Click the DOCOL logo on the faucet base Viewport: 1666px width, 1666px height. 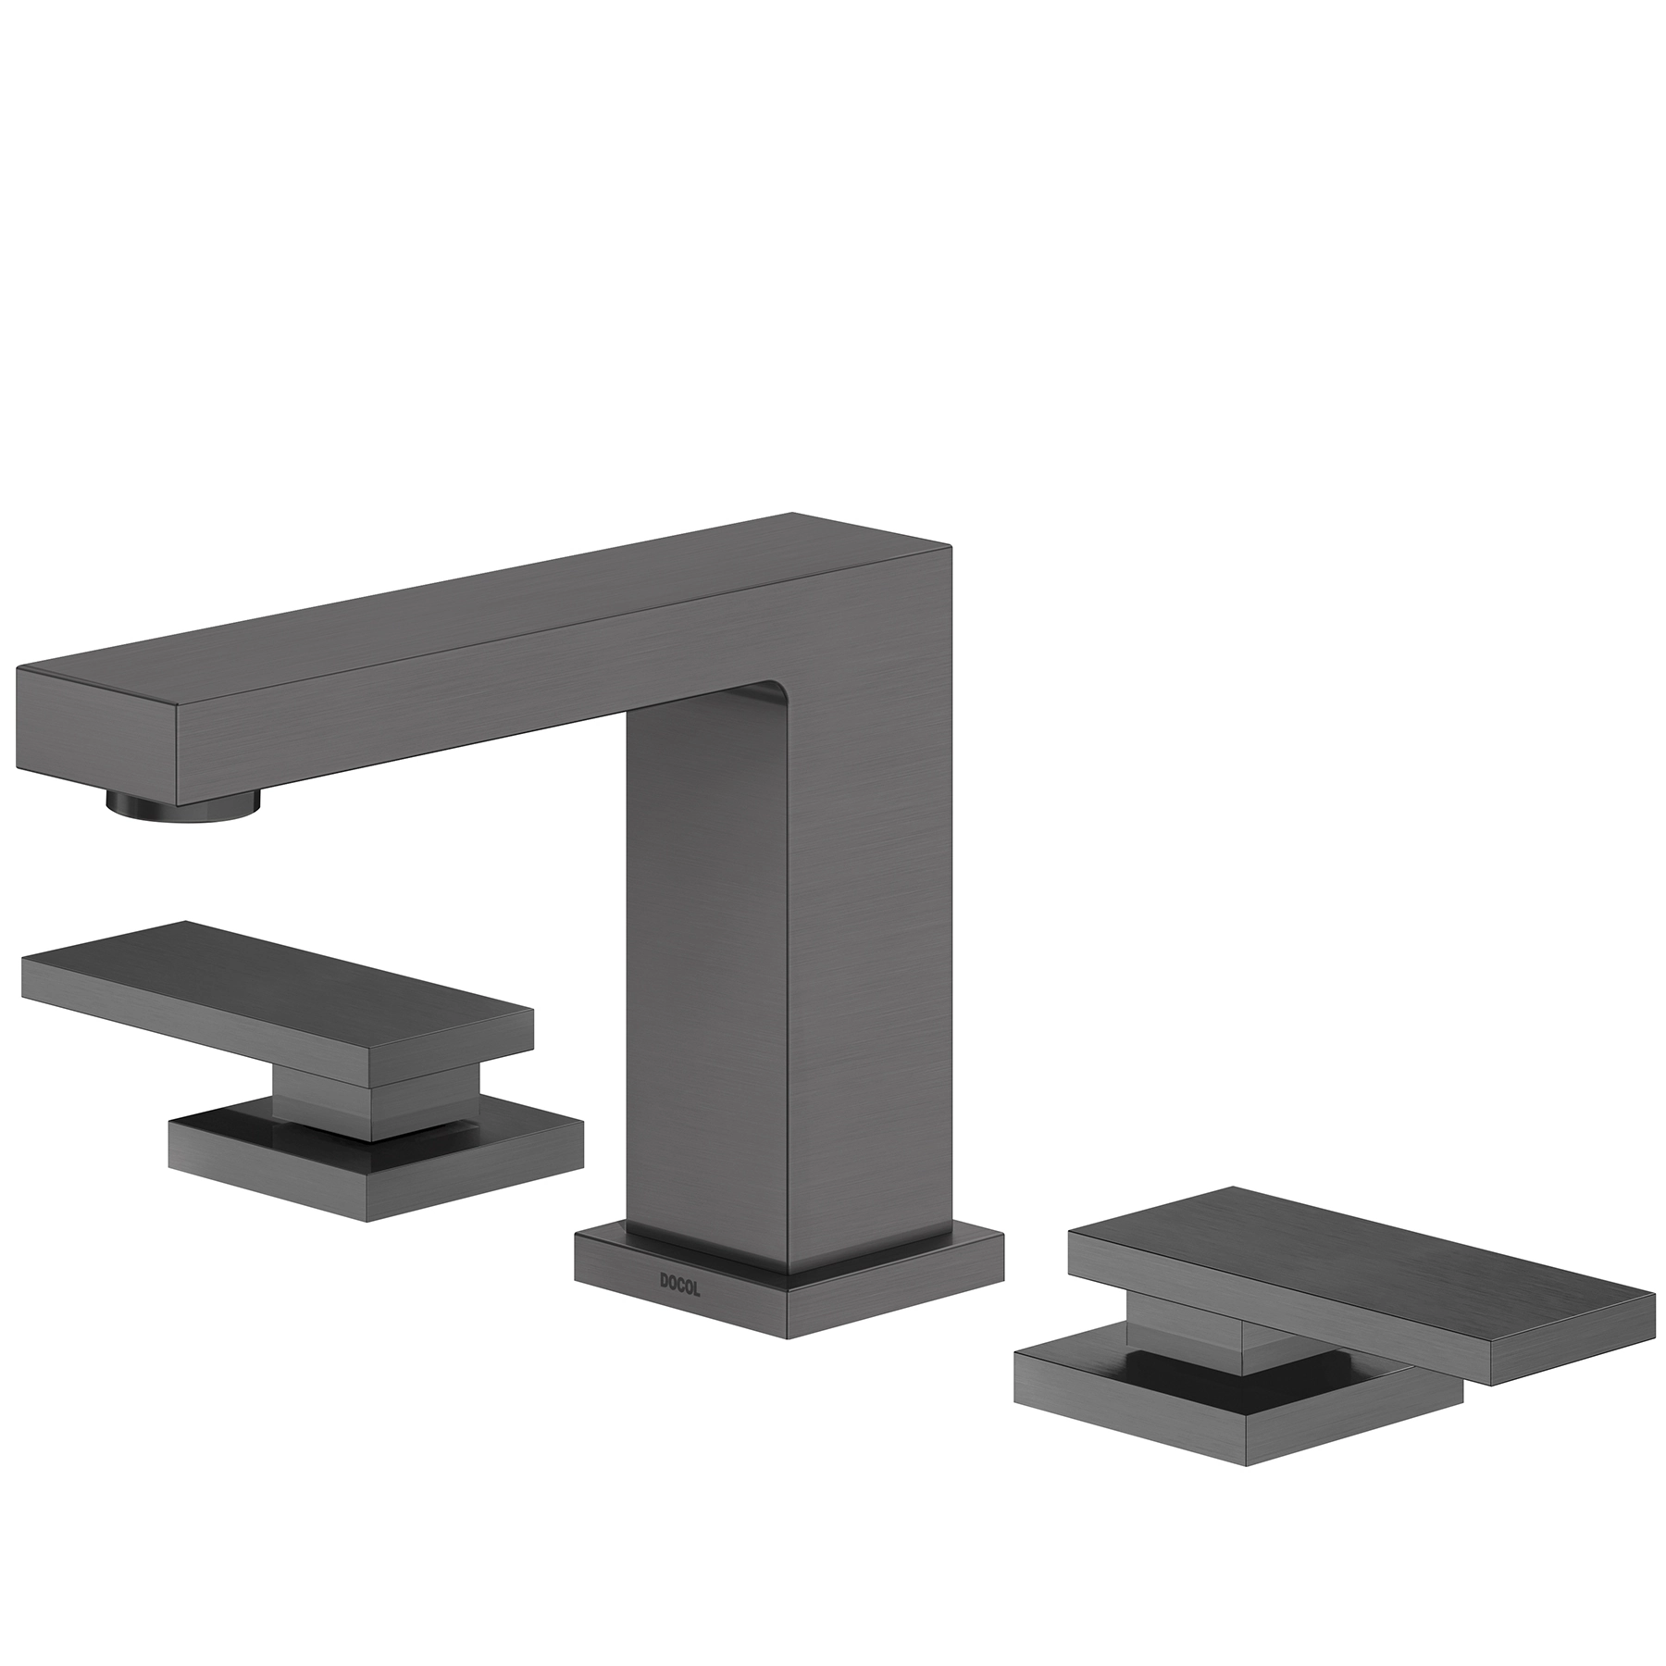coord(680,1286)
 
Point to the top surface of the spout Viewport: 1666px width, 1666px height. coord(481,606)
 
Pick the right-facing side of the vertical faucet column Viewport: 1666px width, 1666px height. coord(870,926)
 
